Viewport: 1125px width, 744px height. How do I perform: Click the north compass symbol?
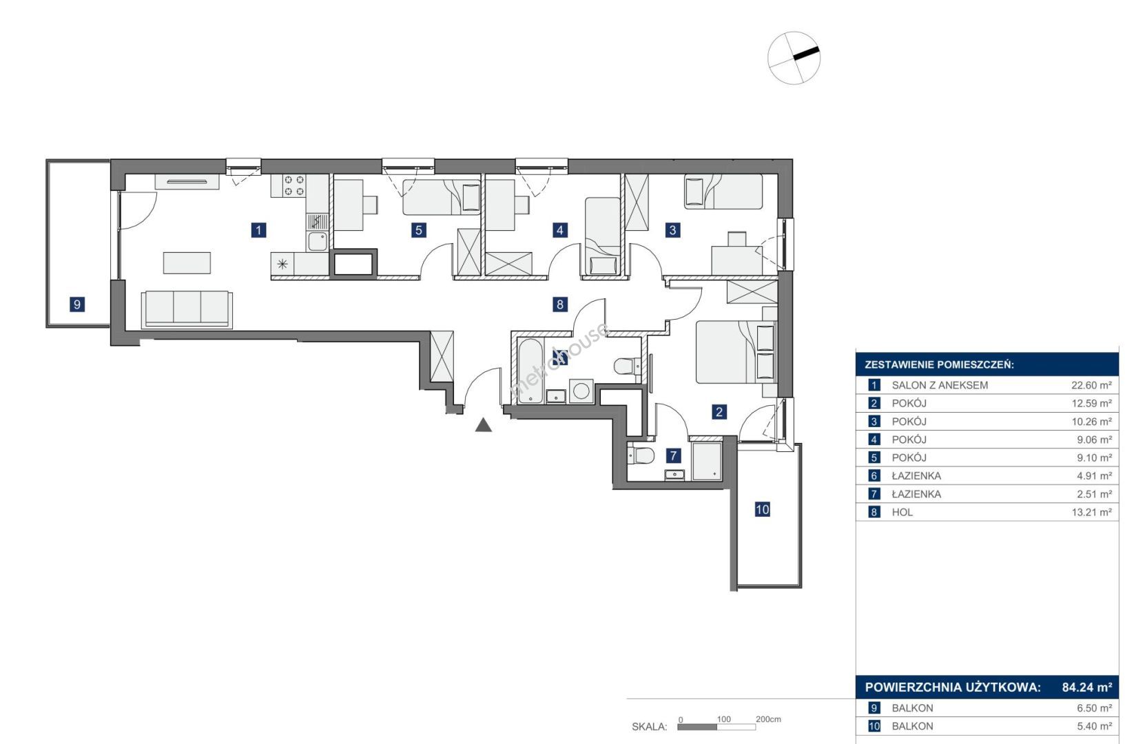794,59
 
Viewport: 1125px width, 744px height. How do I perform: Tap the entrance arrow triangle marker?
483,426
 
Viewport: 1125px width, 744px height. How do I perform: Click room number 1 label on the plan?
258,230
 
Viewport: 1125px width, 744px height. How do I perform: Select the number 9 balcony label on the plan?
77,304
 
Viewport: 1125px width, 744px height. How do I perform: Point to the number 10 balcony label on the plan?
763,509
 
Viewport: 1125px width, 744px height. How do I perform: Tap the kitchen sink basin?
317,241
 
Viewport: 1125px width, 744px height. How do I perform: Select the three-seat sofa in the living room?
187,309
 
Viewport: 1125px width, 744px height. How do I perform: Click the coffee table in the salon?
187,262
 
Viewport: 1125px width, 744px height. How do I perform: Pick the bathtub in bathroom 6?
530,371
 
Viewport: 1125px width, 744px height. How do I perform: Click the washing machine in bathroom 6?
581,391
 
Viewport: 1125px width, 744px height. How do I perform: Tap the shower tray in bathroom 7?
707,461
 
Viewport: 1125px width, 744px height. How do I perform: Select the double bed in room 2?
736,352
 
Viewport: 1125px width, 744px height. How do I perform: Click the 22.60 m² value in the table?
1091,385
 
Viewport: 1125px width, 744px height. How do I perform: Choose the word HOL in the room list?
902,512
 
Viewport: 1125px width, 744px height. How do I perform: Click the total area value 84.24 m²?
1087,688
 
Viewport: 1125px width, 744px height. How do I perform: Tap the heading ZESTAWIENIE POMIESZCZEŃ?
939,364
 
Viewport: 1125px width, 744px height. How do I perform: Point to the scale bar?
716,727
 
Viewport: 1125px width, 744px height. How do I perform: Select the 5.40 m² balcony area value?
1094,726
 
